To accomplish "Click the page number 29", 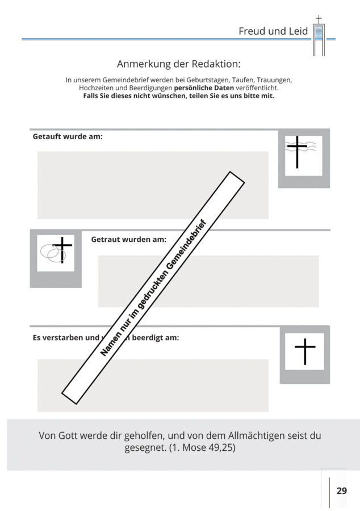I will [341, 491].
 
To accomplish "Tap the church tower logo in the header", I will [319, 36].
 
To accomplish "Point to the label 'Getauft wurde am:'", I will [68, 137].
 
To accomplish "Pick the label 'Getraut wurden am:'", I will [128, 239].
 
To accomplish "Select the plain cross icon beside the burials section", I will [304, 351].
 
